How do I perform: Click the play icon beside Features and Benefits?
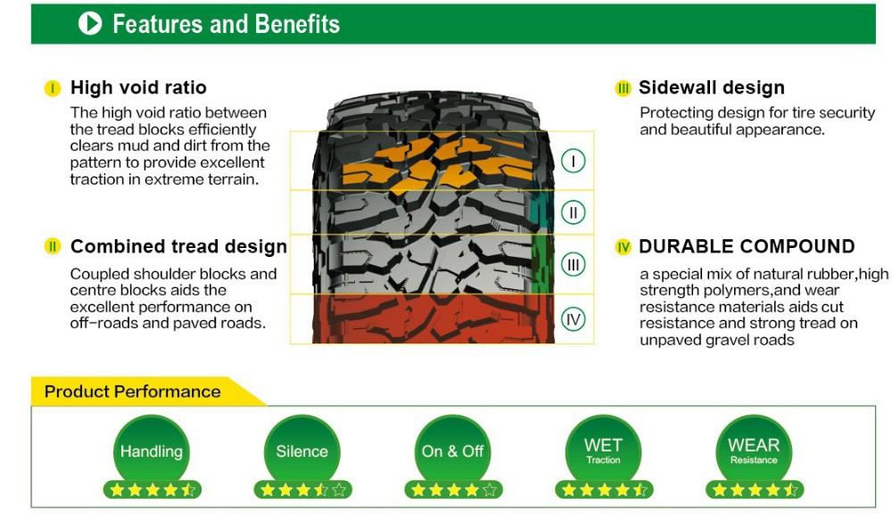pyautogui.click(x=90, y=23)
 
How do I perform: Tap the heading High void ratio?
pyautogui.click(x=138, y=87)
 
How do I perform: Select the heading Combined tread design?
pyautogui.click(x=178, y=246)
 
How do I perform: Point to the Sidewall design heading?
pyautogui.click(x=711, y=87)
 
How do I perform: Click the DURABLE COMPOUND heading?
pyautogui.click(x=747, y=246)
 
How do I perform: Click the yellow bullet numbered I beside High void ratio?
pyautogui.click(x=53, y=88)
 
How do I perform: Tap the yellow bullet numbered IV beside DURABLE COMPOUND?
pyautogui.click(x=623, y=247)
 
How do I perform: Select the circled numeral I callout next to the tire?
pyautogui.click(x=573, y=161)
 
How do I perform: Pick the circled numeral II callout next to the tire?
pyautogui.click(x=573, y=212)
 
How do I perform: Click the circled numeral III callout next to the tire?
pyautogui.click(x=573, y=264)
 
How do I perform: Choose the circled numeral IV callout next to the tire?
pyautogui.click(x=573, y=319)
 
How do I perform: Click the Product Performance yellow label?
pyautogui.click(x=133, y=392)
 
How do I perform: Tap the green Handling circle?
pyautogui.click(x=152, y=451)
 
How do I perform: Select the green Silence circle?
pyautogui.click(x=302, y=451)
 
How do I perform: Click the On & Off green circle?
pyautogui.click(x=452, y=451)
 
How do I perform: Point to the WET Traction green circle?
pyautogui.click(x=603, y=451)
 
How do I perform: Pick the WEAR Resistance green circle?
pyautogui.click(x=754, y=451)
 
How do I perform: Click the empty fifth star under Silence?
pyautogui.click(x=339, y=490)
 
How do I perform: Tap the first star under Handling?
pyautogui.click(x=117, y=490)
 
